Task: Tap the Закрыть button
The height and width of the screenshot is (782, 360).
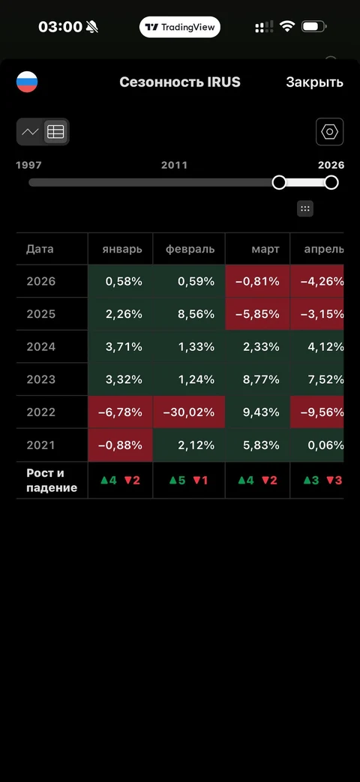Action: [x=314, y=82]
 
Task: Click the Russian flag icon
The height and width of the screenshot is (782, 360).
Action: [x=27, y=82]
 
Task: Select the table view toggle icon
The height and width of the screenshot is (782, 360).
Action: [x=55, y=132]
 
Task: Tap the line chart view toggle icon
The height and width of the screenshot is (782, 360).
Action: [x=31, y=132]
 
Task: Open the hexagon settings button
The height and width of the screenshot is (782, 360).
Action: [x=329, y=132]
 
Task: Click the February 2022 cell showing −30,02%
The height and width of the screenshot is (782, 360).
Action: [x=189, y=412]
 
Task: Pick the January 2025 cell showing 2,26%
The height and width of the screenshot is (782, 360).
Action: [x=120, y=314]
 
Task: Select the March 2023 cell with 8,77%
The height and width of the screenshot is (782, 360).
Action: [x=257, y=379]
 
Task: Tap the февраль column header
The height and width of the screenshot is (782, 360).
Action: [x=190, y=249]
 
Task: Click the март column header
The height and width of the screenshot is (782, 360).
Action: [x=265, y=249]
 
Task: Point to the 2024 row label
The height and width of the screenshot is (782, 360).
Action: [x=41, y=346]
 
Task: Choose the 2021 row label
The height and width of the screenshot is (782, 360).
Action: [x=41, y=445]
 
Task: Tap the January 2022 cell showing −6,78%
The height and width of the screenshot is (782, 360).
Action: [x=120, y=412]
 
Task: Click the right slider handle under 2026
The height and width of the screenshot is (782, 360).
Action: [x=331, y=182]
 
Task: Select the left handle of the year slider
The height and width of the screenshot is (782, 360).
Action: [x=279, y=182]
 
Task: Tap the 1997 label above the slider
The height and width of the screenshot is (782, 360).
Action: [x=29, y=165]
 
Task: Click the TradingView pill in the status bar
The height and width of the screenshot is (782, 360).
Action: [x=180, y=27]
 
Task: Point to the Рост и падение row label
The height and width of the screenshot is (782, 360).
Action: [x=52, y=481]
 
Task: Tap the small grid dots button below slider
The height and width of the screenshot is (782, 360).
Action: [x=305, y=208]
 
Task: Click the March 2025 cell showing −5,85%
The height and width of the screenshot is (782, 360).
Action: [x=257, y=314]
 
